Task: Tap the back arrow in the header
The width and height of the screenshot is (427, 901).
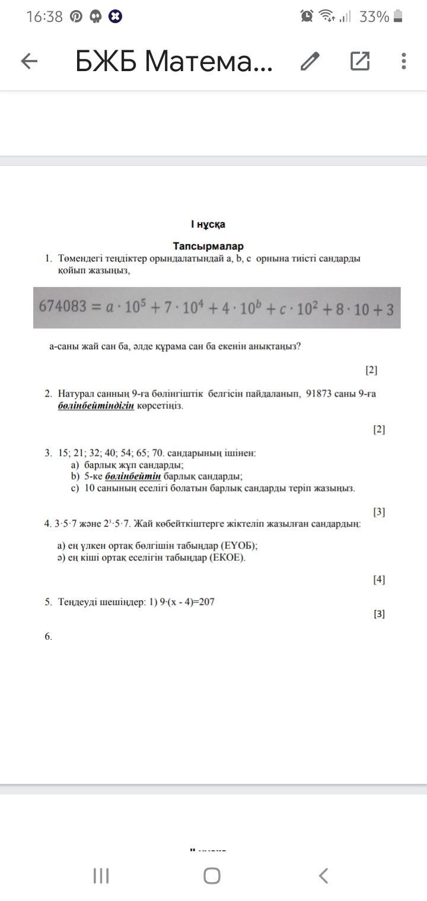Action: point(29,60)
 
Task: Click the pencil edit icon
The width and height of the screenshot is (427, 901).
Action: point(310,60)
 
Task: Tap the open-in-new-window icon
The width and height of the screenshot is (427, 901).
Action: point(360,60)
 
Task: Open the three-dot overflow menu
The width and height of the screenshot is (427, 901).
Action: point(403,60)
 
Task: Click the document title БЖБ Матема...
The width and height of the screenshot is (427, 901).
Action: point(174,60)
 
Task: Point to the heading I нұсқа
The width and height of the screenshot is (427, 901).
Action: point(208,224)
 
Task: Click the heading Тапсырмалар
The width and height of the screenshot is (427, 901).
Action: point(208,246)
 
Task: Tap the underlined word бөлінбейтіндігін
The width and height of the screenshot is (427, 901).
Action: point(96,405)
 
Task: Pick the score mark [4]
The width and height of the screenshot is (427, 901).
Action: point(379,579)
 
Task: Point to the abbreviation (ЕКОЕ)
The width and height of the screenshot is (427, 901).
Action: point(228,558)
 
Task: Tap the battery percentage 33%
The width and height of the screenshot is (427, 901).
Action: point(374,17)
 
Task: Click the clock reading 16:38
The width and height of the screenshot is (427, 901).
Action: point(44,17)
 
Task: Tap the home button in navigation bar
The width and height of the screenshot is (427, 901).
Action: point(212,876)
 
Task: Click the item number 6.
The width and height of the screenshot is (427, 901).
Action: point(48,637)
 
